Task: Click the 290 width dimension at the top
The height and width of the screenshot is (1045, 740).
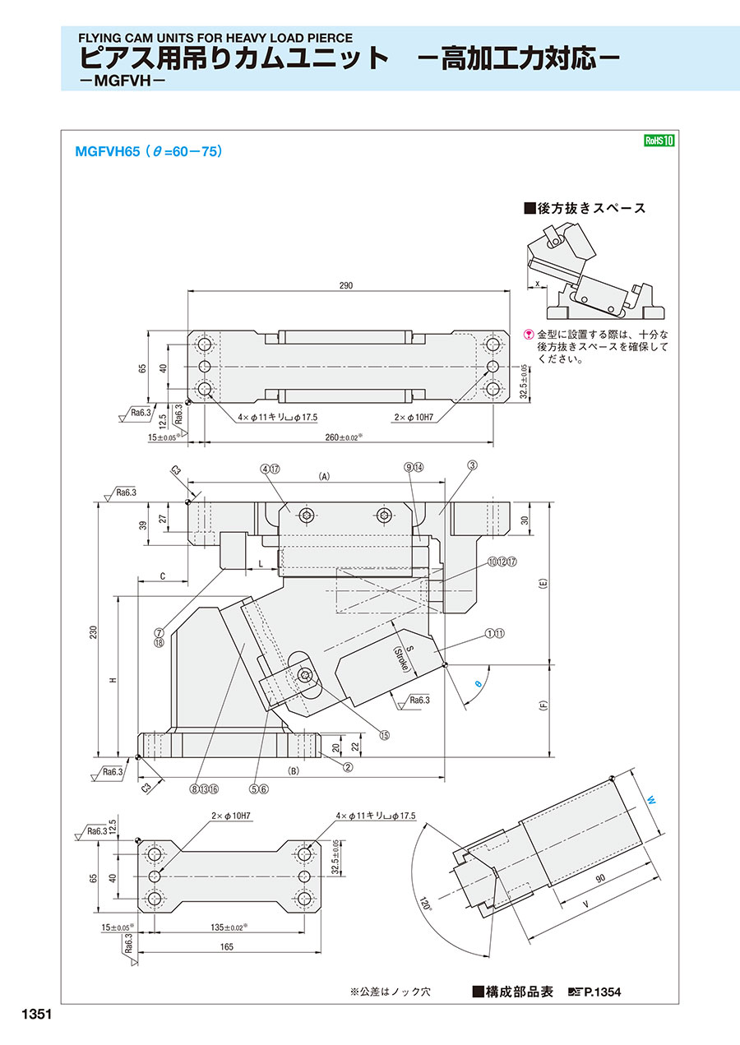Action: tap(345, 285)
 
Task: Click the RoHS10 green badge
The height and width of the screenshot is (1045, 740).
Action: tap(659, 141)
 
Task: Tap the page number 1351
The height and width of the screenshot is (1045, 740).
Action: tap(32, 1015)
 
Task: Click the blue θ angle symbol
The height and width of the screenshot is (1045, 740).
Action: tap(478, 683)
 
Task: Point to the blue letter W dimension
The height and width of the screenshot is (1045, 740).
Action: tap(650, 799)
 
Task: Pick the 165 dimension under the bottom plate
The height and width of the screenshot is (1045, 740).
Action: tap(227, 946)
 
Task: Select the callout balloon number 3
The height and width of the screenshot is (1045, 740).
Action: tap(473, 465)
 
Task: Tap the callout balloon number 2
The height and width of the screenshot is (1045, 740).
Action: tap(348, 767)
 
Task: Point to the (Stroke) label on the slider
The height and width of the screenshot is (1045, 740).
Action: tap(400, 658)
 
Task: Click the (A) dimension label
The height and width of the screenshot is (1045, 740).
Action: tap(324, 476)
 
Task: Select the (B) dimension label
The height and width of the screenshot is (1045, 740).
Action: tap(292, 771)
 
